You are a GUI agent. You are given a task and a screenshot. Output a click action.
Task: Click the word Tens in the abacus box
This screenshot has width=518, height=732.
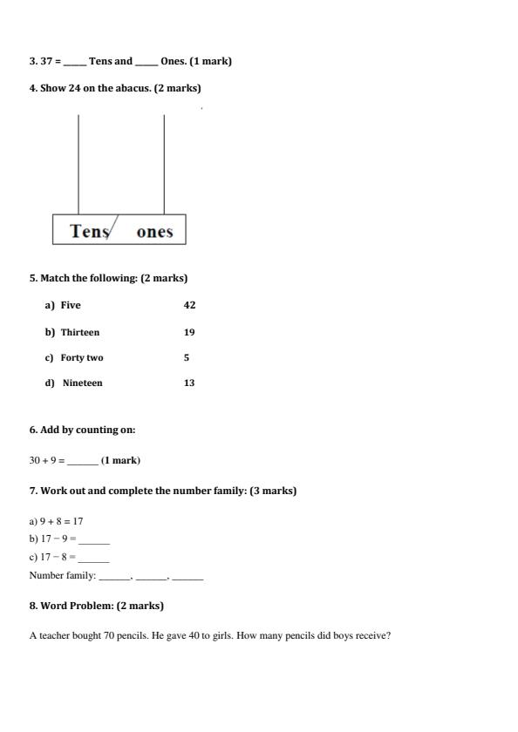[89, 231]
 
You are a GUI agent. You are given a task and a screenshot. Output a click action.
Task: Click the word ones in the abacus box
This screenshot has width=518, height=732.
[154, 232]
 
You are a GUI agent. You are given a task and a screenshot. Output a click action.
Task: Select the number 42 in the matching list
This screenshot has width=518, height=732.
[189, 305]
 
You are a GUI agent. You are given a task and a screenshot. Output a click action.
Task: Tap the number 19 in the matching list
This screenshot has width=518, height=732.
[189, 332]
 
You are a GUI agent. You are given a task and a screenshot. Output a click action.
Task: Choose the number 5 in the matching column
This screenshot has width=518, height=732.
[187, 357]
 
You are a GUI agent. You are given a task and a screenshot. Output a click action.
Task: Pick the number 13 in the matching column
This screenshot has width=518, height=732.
[189, 383]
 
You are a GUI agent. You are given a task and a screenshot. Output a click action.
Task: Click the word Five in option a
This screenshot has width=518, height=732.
[71, 305]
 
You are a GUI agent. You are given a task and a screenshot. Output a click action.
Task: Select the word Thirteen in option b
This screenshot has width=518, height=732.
[80, 332]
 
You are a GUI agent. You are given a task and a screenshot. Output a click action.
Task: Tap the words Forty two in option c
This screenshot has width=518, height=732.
[82, 357]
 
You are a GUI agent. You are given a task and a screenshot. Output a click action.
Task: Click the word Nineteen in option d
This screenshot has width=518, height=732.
[82, 383]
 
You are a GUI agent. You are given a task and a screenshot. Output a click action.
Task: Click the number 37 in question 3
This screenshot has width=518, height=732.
[47, 61]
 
